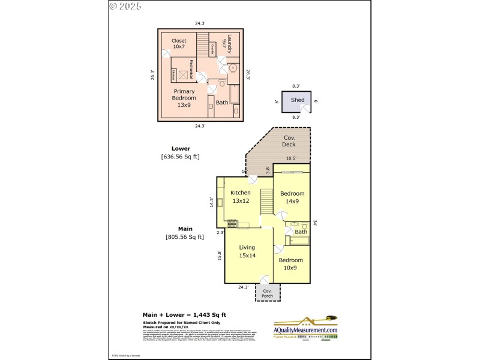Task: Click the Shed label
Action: point(298,100)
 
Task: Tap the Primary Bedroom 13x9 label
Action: point(184,98)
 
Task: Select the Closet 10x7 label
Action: point(179,44)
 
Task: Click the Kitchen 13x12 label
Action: point(240,197)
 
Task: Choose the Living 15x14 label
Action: point(247,251)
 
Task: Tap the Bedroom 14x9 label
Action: point(292,197)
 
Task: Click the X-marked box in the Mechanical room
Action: point(182,65)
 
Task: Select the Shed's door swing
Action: point(307,108)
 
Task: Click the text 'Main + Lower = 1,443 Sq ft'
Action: point(184,314)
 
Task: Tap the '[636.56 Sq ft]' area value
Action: point(180,157)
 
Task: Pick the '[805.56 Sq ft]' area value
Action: point(185,237)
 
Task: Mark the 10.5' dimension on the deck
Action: point(291,158)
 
